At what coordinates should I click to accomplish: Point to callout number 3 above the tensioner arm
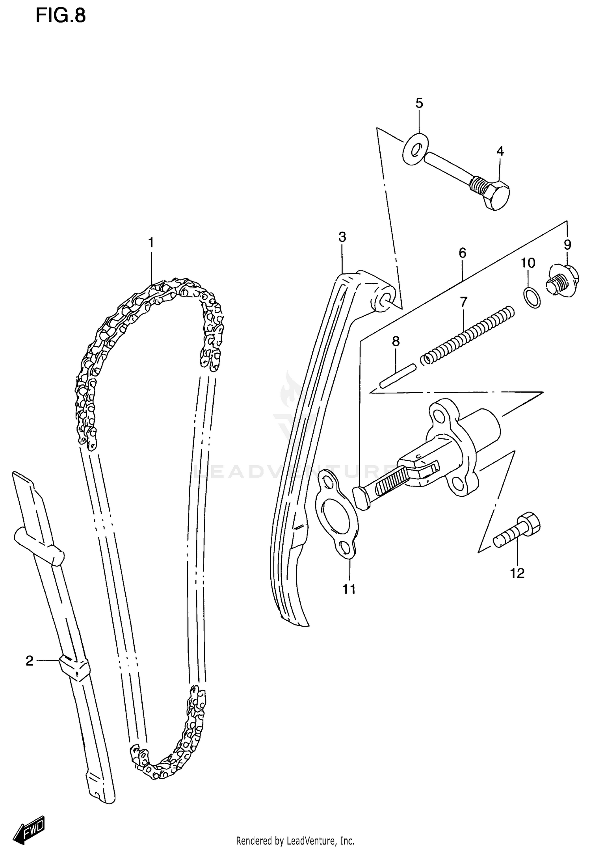click(x=342, y=237)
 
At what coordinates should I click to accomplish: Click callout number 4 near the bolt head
click(x=500, y=151)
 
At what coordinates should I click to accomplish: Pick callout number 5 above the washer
click(x=419, y=103)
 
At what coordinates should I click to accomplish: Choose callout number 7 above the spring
click(x=463, y=302)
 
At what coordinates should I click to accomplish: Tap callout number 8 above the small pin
click(x=396, y=341)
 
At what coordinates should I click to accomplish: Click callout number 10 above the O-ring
click(x=528, y=263)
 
